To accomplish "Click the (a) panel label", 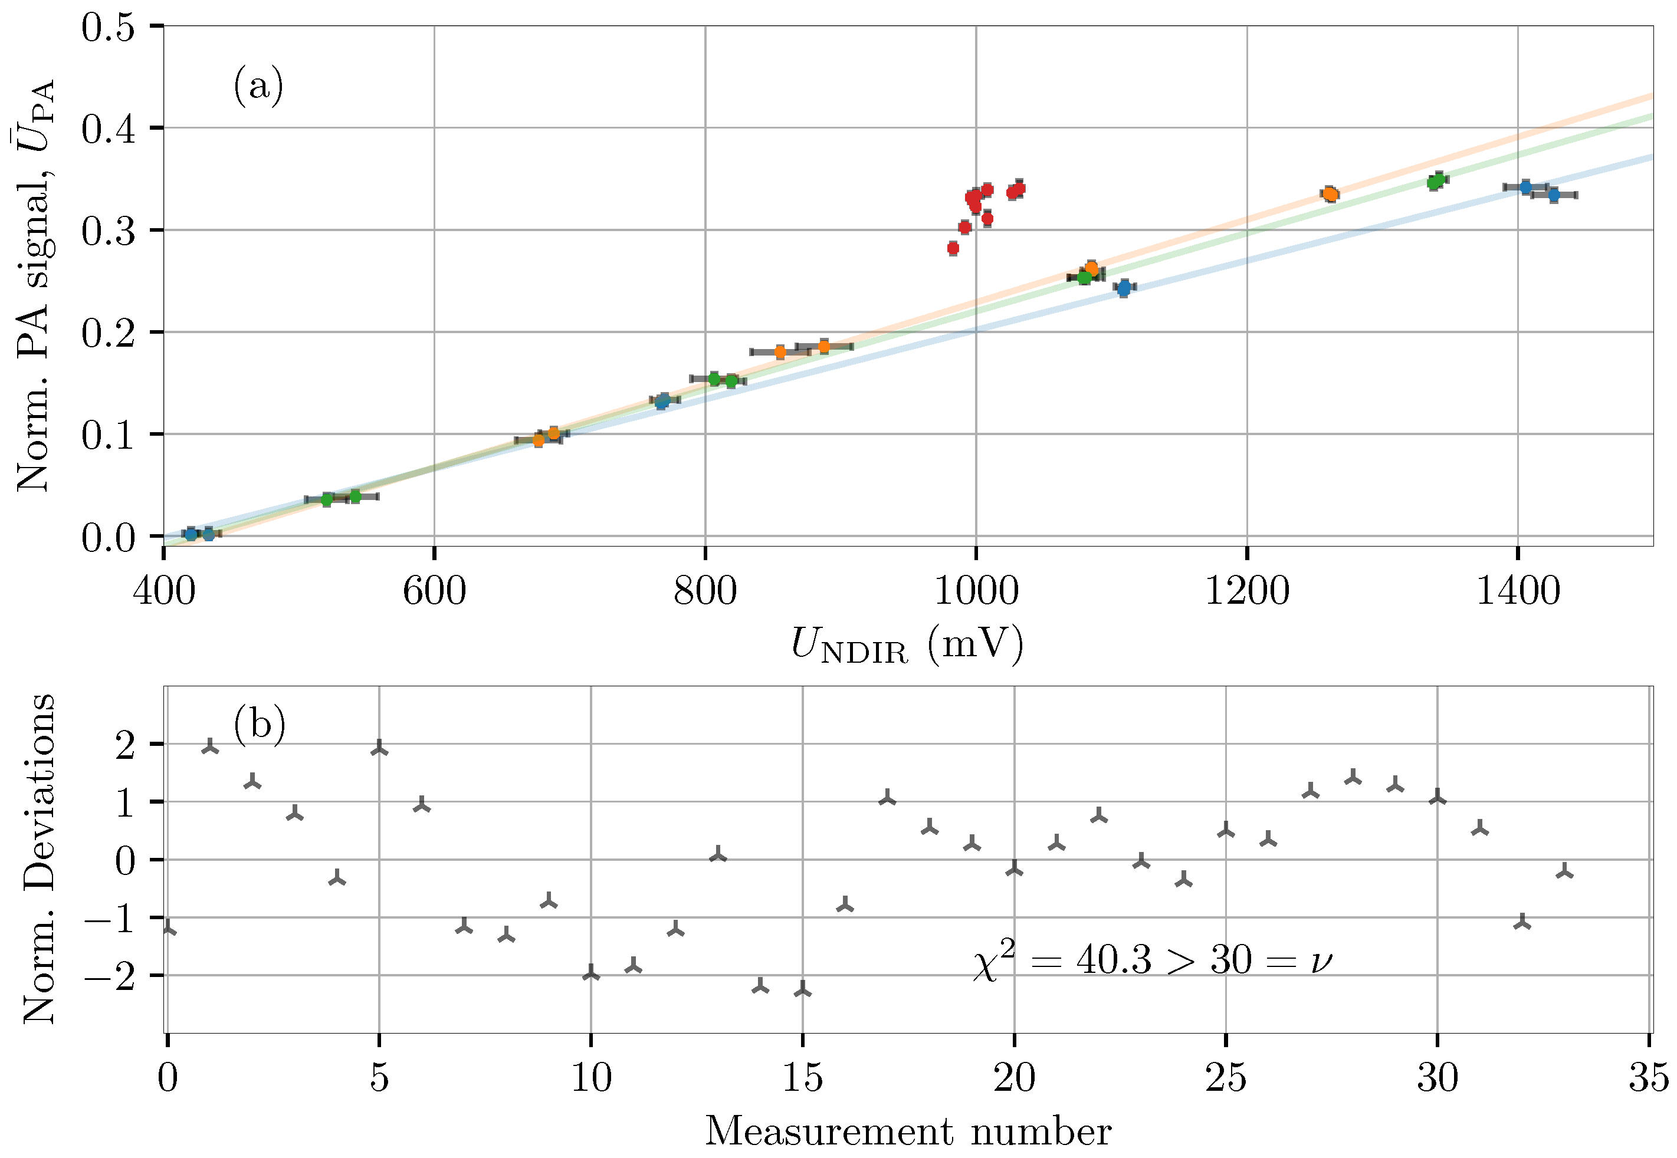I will (x=258, y=86).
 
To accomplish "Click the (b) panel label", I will (x=259, y=724).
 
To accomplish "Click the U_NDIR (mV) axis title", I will (x=907, y=644).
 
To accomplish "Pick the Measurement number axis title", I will (x=907, y=1131).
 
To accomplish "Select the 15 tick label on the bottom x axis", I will (x=802, y=1077).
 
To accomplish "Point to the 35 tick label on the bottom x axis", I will (x=1648, y=1077).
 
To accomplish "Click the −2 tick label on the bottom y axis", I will (x=109, y=976).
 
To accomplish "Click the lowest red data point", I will (x=953, y=249).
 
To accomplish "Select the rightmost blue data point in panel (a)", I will (x=1554, y=195).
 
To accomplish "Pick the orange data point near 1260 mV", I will (x=1330, y=194).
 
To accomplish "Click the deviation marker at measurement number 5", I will (x=379, y=749).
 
